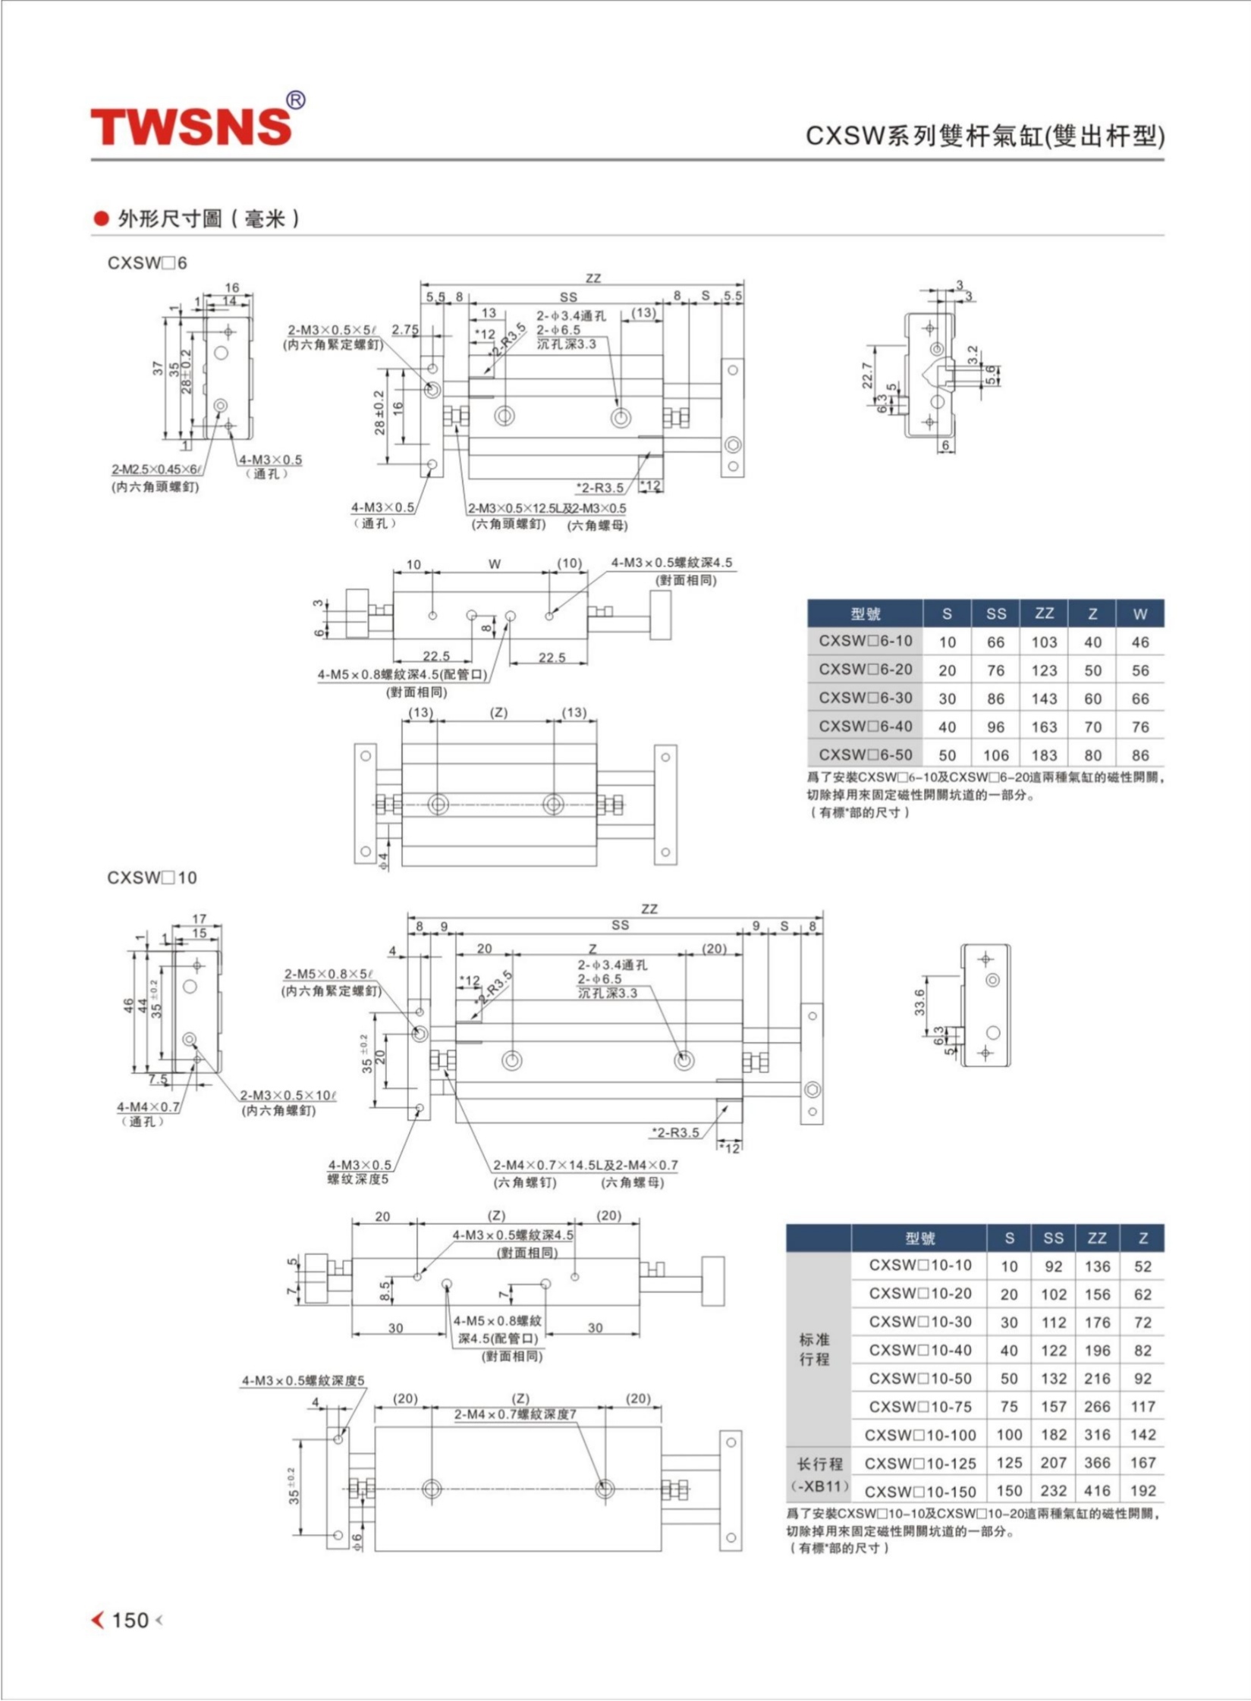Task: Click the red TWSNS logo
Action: click(191, 125)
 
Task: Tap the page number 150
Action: click(130, 1620)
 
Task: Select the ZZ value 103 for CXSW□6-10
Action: click(1044, 642)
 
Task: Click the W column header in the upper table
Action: click(1139, 614)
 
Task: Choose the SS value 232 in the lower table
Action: click(1053, 1491)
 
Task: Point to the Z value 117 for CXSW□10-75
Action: click(1143, 1407)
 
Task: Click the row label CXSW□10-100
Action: click(919, 1435)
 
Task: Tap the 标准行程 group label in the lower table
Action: click(814, 1349)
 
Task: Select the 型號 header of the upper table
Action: click(865, 614)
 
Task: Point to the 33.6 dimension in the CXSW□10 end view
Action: click(920, 1002)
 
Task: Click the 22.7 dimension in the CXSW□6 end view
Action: click(867, 375)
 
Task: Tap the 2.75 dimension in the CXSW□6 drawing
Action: click(406, 329)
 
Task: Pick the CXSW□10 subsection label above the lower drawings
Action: click(152, 877)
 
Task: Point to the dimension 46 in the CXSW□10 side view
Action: click(129, 1006)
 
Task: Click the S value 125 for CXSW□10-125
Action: click(1009, 1463)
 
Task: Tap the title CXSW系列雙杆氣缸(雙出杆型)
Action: click(984, 136)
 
